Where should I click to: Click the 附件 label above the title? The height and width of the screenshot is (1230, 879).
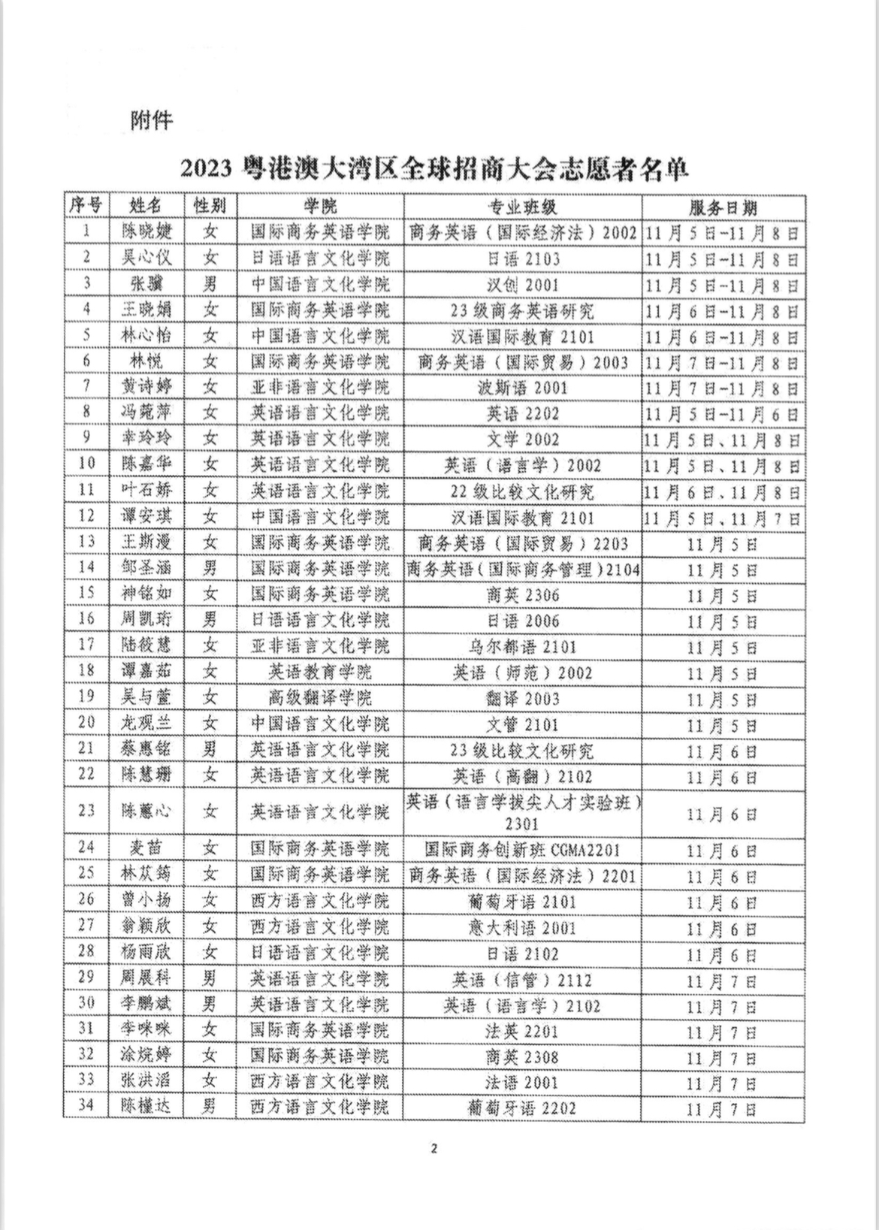152,120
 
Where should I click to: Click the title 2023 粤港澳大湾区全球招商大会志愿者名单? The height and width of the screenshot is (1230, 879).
434,169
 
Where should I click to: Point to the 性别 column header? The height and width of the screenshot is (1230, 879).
210,206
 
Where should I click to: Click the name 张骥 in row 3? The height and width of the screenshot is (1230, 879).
146,285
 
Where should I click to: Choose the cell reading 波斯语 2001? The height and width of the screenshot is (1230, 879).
523,388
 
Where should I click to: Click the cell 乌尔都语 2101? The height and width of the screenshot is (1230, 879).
523,646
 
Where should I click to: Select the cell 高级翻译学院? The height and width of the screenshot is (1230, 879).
320,698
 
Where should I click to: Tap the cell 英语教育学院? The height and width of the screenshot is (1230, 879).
320,672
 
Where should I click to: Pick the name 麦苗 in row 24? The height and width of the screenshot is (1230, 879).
146,849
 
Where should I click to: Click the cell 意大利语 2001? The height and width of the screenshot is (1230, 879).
523,927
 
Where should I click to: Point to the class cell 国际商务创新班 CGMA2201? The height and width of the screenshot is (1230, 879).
523,850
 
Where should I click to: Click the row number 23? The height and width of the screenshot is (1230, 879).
86,811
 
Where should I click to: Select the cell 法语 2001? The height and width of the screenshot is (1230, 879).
523,1082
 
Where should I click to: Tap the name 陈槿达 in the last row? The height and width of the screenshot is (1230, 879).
146,1108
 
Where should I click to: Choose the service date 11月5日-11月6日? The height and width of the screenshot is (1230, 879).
723,413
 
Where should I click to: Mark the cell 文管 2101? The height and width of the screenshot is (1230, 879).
523,724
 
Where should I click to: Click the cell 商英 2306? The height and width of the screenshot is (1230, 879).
523,594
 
